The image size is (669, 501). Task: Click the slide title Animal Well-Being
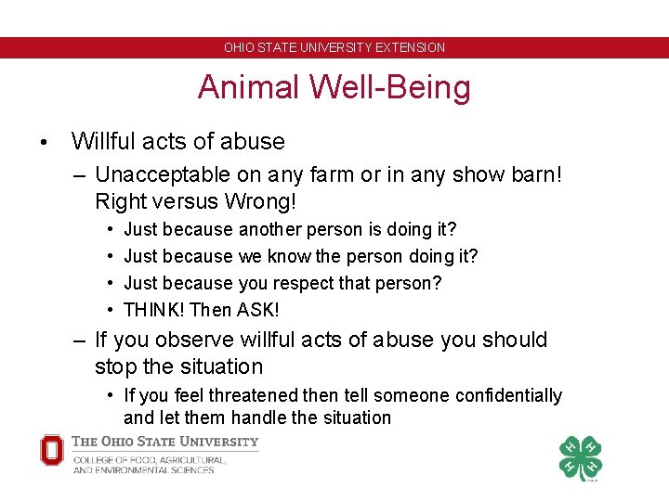point(334,87)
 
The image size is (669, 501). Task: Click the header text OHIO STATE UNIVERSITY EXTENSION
point(334,47)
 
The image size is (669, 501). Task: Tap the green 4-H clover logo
point(580,457)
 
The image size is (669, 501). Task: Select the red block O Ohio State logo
point(52,451)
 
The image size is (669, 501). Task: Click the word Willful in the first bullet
point(101,142)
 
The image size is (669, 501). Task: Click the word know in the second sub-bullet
point(285,255)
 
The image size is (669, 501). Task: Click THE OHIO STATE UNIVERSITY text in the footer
point(165,442)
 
